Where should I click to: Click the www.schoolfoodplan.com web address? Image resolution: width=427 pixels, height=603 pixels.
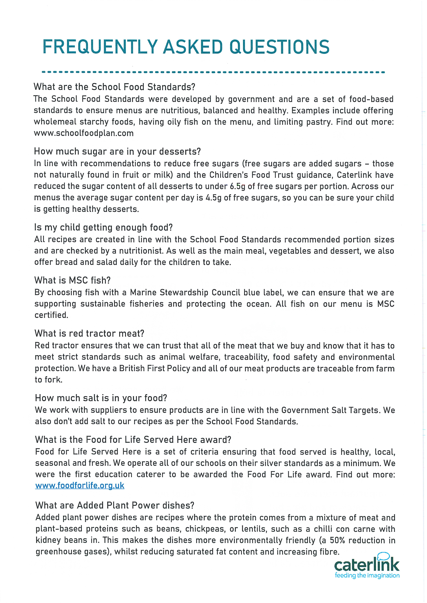(x=84, y=133)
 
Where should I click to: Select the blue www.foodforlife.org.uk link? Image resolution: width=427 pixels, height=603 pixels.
(x=80, y=486)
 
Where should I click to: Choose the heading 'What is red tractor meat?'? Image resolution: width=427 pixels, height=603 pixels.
(x=89, y=334)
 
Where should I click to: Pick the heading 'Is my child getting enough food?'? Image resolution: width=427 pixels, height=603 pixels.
(x=103, y=227)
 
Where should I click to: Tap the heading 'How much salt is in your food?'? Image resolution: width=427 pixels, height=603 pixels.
(x=101, y=398)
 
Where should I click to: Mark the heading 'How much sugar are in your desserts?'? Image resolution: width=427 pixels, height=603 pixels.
(x=117, y=152)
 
